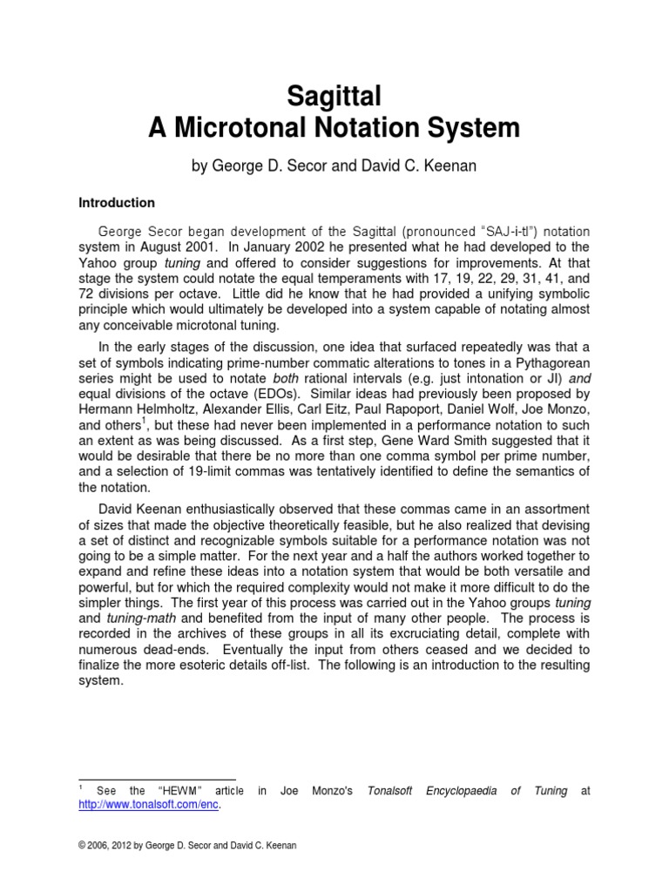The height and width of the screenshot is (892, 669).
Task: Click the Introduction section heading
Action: click(x=117, y=203)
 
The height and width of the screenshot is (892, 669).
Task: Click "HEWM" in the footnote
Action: click(x=172, y=790)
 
